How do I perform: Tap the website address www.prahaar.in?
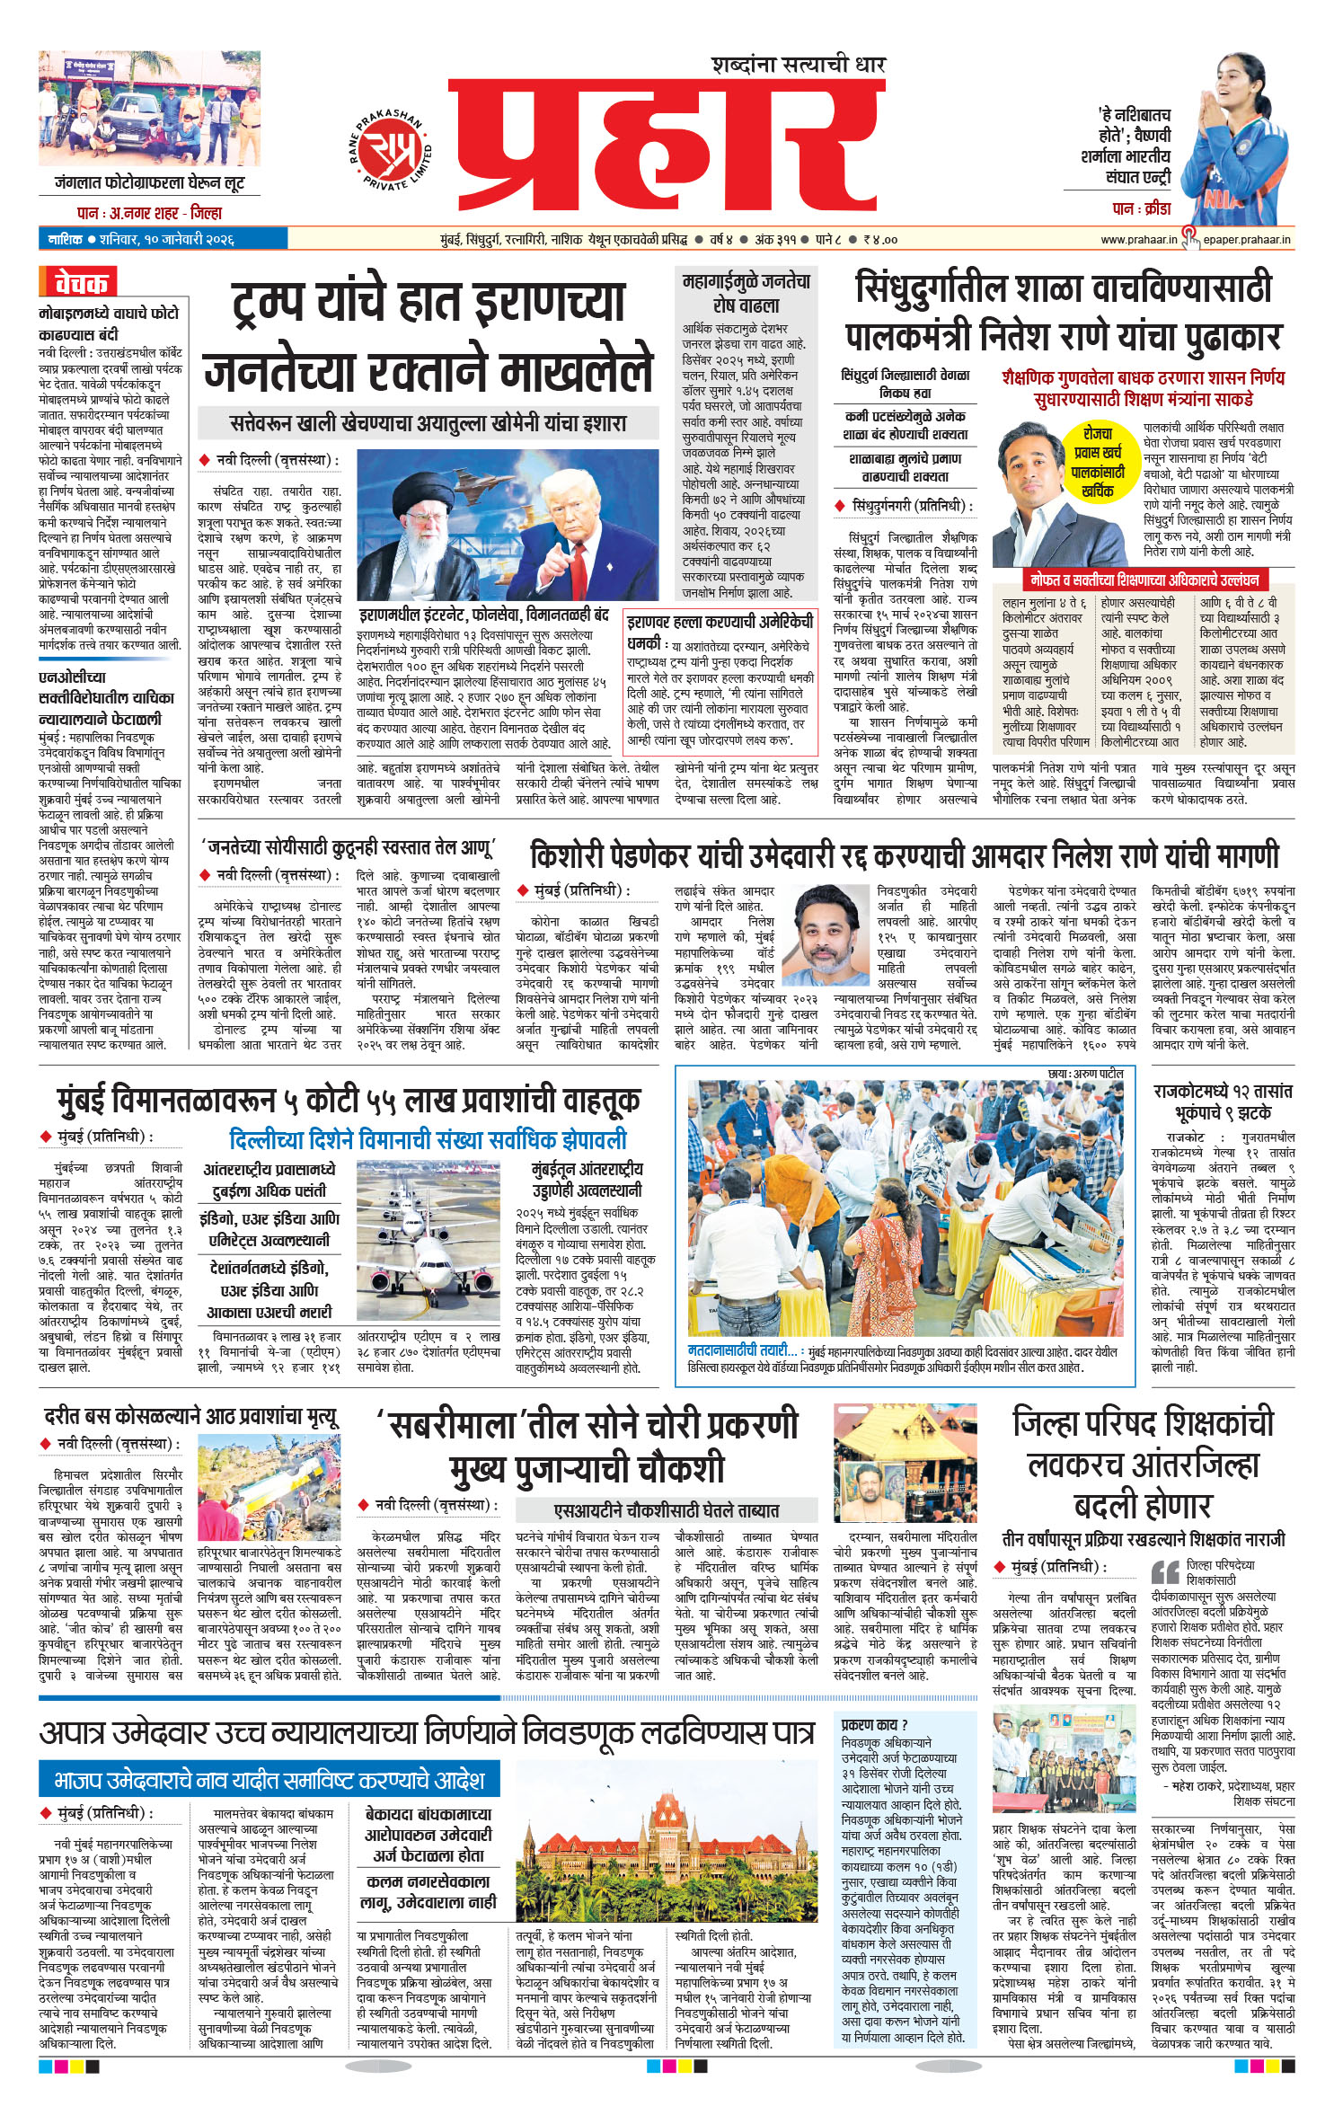click(x=1138, y=240)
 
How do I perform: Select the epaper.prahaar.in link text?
click(x=1248, y=240)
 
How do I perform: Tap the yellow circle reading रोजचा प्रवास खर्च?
click(x=1097, y=462)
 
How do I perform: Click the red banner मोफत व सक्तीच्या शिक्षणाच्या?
click(x=1144, y=580)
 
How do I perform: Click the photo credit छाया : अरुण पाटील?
click(x=1085, y=1074)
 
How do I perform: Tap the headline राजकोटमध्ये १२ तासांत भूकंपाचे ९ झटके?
click(x=1222, y=1102)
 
